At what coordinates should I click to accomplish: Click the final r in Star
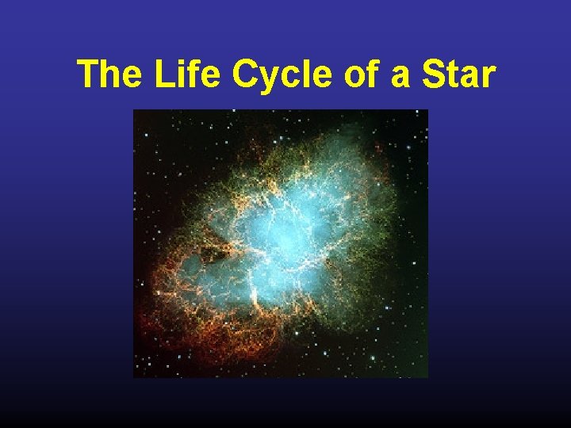[x=490, y=78]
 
